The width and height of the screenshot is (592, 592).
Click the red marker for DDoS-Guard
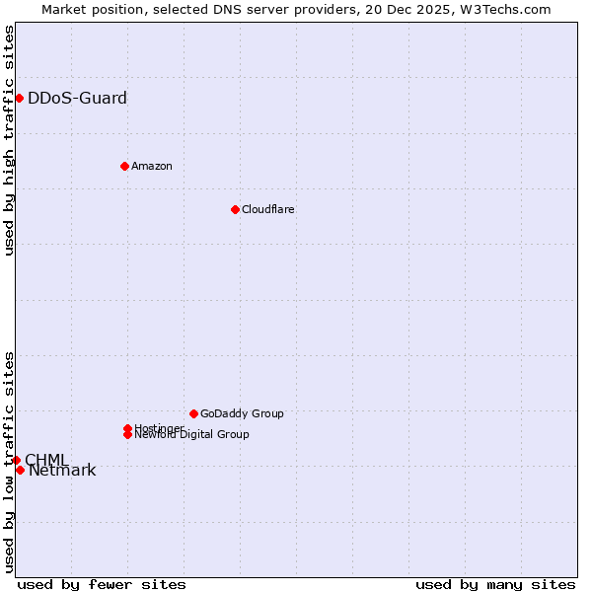tap(19, 98)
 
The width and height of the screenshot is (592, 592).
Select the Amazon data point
tap(124, 166)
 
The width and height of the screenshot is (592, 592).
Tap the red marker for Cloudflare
tap(235, 209)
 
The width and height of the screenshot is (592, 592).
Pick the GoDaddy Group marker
tap(193, 413)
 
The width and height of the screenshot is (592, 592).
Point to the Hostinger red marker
tap(127, 428)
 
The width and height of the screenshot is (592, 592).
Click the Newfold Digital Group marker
tap(127, 434)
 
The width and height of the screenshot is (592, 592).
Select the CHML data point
tap(16, 460)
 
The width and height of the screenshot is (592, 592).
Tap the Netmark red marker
tap(20, 470)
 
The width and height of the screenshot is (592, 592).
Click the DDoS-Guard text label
tap(77, 98)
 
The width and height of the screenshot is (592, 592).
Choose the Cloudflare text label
tap(267, 209)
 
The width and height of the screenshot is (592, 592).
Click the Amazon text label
tap(151, 166)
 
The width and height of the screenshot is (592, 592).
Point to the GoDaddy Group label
tap(242, 413)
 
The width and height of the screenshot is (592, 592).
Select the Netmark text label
tap(62, 471)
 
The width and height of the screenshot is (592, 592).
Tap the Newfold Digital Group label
tap(191, 435)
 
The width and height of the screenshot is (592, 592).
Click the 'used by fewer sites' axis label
tap(102, 584)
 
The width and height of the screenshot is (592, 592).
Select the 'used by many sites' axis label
tap(495, 584)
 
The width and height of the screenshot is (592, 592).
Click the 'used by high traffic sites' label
tap(9, 140)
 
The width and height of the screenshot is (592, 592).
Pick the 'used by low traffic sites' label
tap(9, 462)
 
